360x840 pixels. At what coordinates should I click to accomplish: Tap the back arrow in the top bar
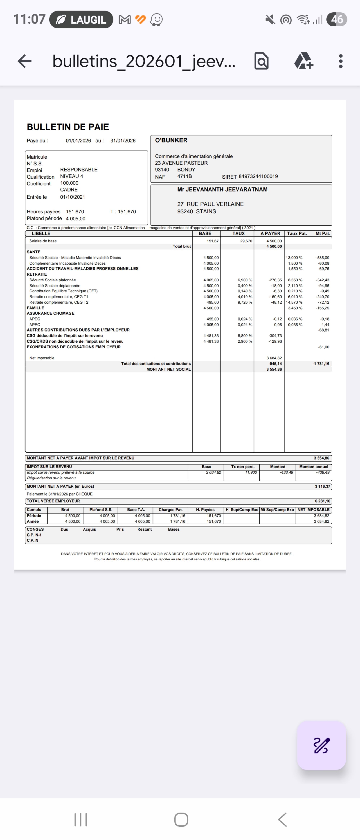pos(24,61)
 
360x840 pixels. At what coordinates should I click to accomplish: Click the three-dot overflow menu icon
pos(340,61)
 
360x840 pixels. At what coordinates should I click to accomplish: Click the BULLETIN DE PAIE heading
pos(68,127)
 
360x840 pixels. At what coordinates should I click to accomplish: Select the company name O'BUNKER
pos(171,140)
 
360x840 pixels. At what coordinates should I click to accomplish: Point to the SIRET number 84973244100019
pos(258,176)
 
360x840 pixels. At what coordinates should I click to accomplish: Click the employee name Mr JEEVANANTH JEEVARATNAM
pos(222,190)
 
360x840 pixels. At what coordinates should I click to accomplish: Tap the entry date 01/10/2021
pos(72,197)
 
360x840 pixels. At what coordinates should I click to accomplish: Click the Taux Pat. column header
pos(297,233)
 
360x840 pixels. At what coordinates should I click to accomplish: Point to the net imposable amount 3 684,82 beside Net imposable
pos(274,358)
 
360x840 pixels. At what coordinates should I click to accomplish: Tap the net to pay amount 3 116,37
pos(322,486)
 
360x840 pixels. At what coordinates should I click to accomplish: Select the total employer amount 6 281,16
pos(322,501)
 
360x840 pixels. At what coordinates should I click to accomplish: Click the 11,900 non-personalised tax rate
pos(251,472)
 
